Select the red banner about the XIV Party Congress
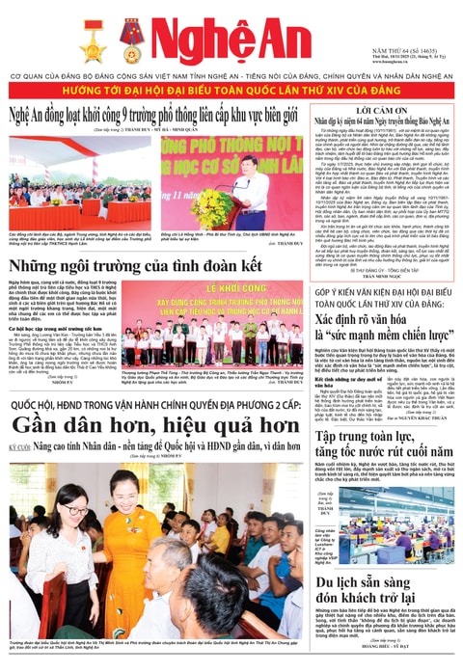231,89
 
